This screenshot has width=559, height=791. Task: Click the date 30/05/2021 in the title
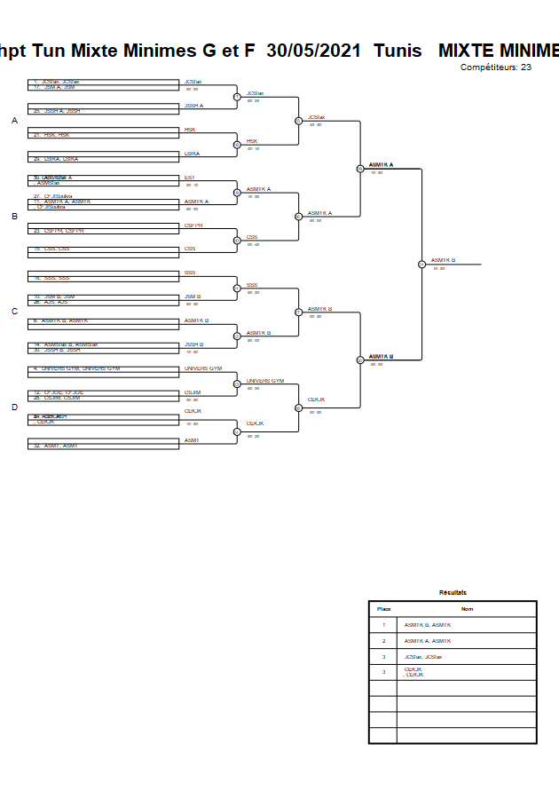[x=313, y=51]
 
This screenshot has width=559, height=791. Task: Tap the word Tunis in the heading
[x=398, y=51]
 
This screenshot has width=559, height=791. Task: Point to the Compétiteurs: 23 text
[x=496, y=67]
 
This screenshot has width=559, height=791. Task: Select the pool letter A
[x=14, y=120]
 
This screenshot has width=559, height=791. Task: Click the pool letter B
[x=14, y=216]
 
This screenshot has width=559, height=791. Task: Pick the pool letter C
[x=14, y=312]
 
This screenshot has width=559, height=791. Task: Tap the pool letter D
[x=14, y=407]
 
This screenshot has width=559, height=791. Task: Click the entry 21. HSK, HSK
[x=51, y=134]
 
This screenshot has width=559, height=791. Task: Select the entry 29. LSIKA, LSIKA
[x=56, y=158]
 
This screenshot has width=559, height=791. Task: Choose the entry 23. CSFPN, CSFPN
[x=59, y=230]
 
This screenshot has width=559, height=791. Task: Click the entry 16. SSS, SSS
[x=51, y=278]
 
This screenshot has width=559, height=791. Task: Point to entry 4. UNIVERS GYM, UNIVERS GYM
[x=76, y=368]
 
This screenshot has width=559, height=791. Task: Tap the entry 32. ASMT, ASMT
[x=55, y=445]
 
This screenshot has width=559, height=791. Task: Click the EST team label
[x=189, y=178]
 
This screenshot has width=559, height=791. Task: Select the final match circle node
[x=421, y=264]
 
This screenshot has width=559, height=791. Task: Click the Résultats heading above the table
[x=453, y=592]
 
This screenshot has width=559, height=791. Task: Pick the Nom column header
[x=467, y=609]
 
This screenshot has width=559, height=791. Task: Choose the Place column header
[x=383, y=609]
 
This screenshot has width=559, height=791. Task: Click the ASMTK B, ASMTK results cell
[x=428, y=625]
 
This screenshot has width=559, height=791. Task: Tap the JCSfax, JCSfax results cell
[x=422, y=657]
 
